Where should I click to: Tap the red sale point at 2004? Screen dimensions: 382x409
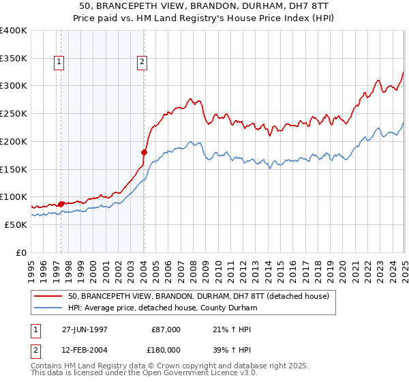tap(144, 152)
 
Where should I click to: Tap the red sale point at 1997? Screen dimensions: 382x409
tap(61, 204)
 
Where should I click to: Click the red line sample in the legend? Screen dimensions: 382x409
tap(49, 296)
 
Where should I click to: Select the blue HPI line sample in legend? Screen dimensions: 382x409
tap(49, 308)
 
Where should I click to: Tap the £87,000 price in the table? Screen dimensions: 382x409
tap(166, 329)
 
